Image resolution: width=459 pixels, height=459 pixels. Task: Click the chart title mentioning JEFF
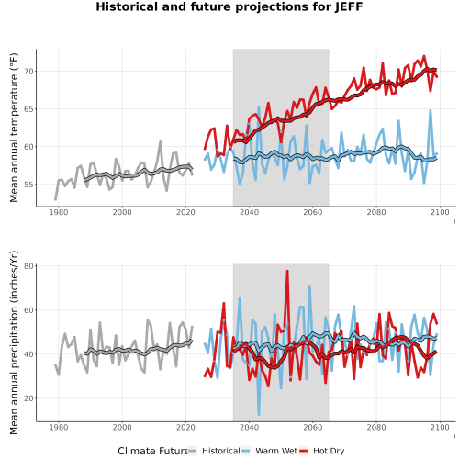(229, 6)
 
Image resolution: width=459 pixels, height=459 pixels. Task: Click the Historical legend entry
(214, 451)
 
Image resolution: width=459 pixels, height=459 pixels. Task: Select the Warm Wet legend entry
(269, 451)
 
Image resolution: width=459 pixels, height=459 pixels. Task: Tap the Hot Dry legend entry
(321, 451)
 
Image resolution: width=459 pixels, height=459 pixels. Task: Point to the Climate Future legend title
(152, 451)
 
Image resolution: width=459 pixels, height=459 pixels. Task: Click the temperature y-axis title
(14, 128)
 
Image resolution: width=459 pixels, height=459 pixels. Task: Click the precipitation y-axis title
(14, 342)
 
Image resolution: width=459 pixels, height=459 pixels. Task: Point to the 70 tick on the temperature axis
(28, 72)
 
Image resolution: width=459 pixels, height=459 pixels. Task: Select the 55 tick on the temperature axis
(28, 185)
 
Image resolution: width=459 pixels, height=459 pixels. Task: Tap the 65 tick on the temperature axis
(28, 109)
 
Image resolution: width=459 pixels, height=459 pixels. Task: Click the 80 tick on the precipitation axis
(28, 266)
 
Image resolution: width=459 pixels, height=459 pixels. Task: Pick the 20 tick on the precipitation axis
(28, 398)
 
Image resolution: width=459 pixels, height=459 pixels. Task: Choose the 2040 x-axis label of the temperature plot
(249, 212)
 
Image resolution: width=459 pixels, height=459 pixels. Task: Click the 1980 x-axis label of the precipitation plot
(59, 427)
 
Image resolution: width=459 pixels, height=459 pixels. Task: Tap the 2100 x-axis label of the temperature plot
(440, 212)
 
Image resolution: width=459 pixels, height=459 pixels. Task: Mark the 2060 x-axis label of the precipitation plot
(313, 427)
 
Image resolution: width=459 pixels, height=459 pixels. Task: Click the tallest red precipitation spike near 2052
(287, 271)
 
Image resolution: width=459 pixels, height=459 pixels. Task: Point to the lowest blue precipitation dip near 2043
(259, 414)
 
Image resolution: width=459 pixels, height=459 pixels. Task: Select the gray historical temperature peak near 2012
(160, 141)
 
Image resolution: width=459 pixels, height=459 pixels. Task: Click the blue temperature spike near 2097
(431, 110)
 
